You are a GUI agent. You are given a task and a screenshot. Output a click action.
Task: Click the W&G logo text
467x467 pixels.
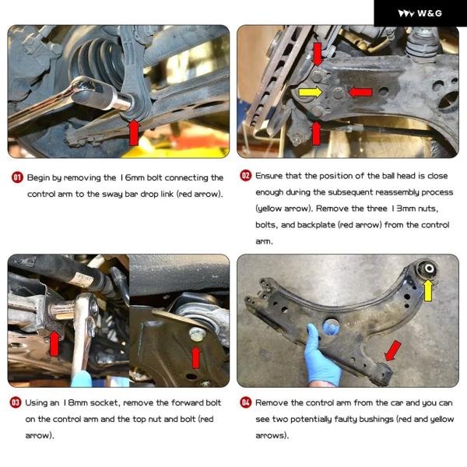430,13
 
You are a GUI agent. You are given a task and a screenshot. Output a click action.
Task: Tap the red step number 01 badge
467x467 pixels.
17,177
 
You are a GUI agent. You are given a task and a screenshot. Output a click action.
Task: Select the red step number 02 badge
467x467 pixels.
246,175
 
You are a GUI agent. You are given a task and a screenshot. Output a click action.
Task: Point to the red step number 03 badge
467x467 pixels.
16,402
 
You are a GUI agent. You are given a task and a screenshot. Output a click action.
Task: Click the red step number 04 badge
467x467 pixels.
246,402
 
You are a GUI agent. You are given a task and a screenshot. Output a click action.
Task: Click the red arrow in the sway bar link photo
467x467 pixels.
134,132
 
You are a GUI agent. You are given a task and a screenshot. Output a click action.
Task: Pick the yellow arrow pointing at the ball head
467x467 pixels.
311,92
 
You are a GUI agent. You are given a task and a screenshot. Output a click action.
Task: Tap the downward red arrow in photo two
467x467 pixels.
318,54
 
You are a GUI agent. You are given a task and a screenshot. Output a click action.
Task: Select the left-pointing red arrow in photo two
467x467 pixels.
360,92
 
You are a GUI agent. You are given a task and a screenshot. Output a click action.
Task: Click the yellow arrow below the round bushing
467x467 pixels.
428,290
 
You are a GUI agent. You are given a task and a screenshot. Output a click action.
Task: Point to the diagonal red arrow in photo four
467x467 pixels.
392,351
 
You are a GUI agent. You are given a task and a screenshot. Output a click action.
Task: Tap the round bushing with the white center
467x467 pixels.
428,269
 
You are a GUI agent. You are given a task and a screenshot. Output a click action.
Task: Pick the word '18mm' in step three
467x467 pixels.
75,402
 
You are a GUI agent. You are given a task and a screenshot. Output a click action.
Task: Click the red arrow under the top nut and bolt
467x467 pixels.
195,357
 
